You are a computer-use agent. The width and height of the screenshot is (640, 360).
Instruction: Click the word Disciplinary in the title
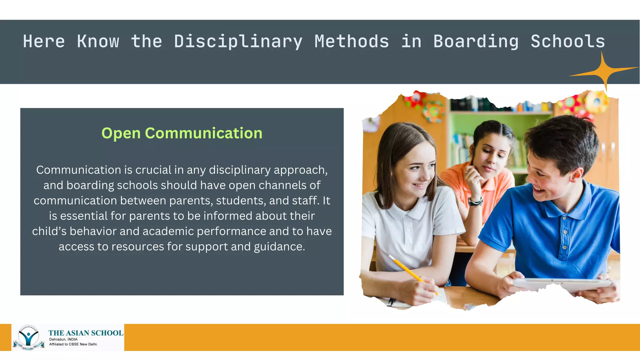click(x=238, y=42)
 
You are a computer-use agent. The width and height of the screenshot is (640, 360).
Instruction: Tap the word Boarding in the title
click(x=476, y=42)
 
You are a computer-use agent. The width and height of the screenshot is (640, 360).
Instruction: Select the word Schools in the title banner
click(x=568, y=42)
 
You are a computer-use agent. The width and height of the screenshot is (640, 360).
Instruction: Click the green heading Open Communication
click(x=182, y=133)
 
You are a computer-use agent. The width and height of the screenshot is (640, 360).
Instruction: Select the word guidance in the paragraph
click(x=279, y=247)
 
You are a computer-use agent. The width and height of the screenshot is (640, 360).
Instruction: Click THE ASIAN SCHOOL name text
click(x=86, y=333)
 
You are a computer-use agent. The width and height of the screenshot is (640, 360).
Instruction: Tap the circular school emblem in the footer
click(x=28, y=337)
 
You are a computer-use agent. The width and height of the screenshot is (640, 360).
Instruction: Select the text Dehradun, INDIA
click(x=63, y=339)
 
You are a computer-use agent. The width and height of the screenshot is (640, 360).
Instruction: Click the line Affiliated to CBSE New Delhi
click(x=73, y=344)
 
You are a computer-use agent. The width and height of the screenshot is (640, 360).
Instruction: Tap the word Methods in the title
click(x=352, y=42)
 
